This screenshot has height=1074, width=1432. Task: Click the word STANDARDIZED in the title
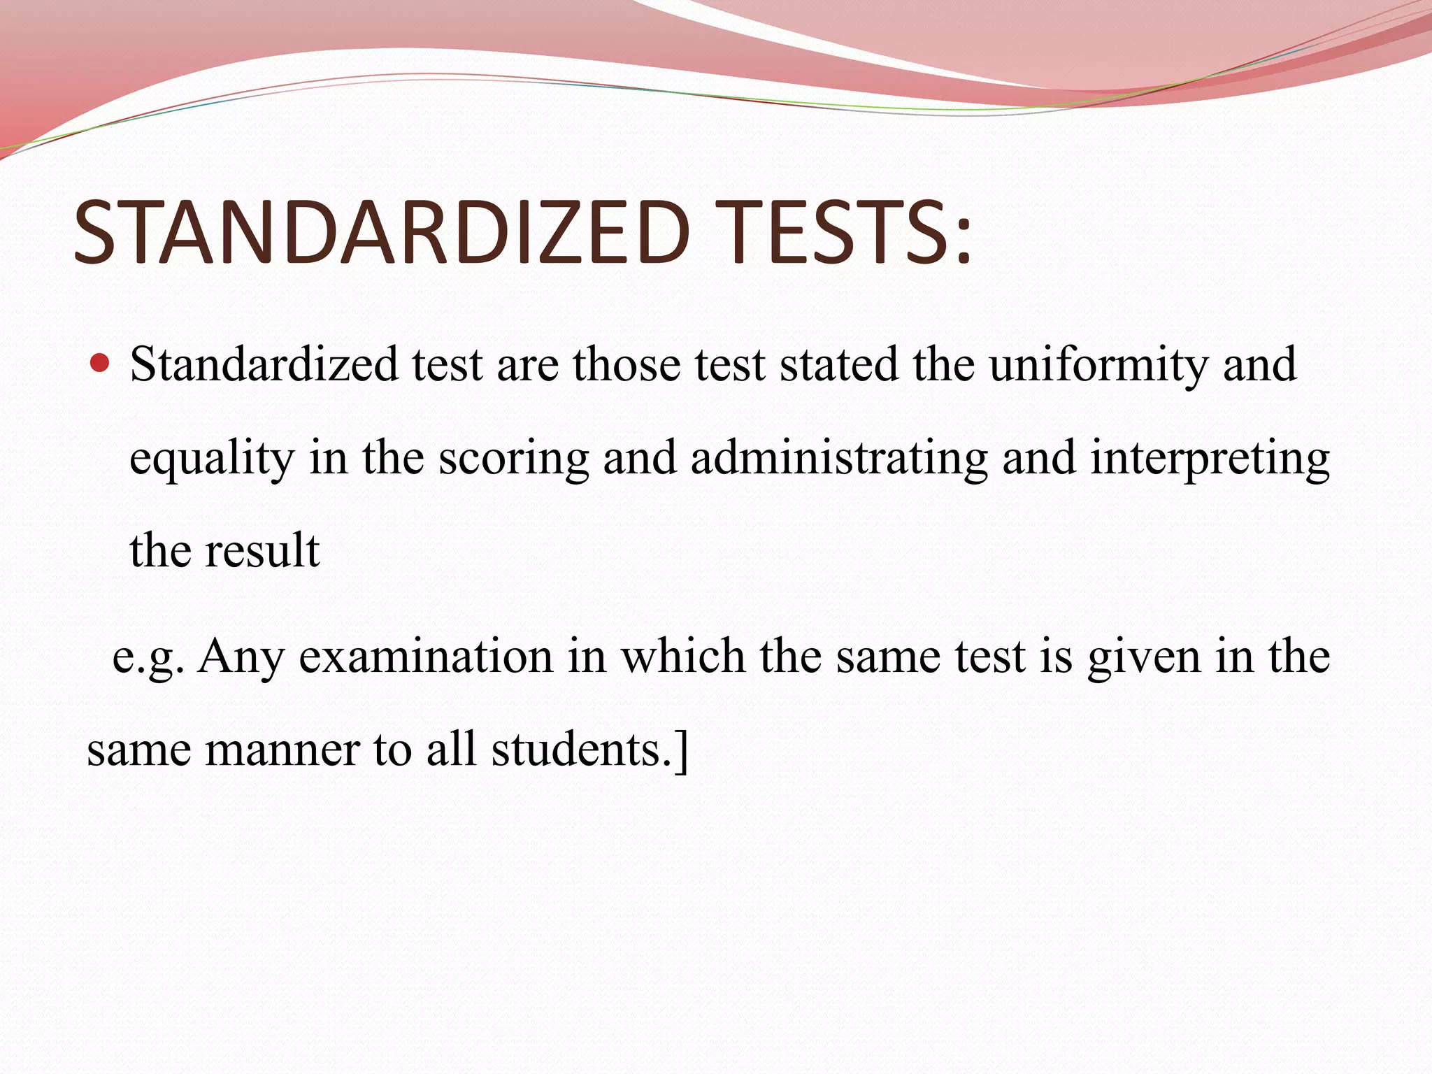pyautogui.click(x=382, y=232)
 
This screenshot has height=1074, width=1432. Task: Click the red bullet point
pyautogui.click(x=101, y=363)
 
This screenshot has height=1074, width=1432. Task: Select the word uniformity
pyautogui.click(x=1098, y=365)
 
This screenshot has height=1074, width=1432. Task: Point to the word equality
pyautogui.click(x=212, y=459)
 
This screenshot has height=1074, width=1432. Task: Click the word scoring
pyautogui.click(x=513, y=459)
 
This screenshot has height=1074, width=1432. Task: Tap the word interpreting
pyautogui.click(x=1210, y=459)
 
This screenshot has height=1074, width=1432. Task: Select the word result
pyautogui.click(x=262, y=550)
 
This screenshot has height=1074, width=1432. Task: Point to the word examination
pyautogui.click(x=426, y=657)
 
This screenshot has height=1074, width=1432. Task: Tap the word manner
pyautogui.click(x=282, y=750)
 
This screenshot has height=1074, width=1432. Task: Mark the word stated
pyautogui.click(x=838, y=364)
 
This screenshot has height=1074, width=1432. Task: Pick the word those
pyautogui.click(x=626, y=364)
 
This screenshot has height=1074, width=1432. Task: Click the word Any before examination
pyautogui.click(x=241, y=657)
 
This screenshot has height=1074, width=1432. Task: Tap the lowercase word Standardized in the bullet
pyautogui.click(x=264, y=364)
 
